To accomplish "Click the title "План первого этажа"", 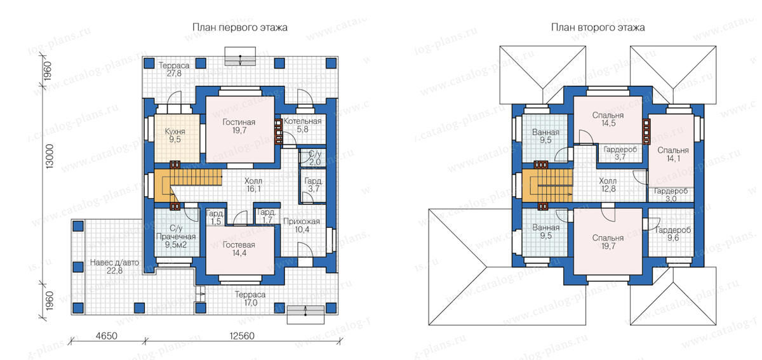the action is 240,27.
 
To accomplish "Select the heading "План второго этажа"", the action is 598,27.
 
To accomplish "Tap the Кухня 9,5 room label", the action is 175,135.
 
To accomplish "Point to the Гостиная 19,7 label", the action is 239,126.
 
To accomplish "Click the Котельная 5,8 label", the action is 302,125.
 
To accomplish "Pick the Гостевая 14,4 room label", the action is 239,249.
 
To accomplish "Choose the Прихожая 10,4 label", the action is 302,225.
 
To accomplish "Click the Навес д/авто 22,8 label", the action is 115,267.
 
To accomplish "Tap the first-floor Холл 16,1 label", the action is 253,185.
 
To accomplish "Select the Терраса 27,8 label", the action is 174,69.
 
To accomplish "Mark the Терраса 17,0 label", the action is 250,299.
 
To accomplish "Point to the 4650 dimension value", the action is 107,336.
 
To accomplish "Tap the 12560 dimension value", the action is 242,336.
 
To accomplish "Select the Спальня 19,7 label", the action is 608,242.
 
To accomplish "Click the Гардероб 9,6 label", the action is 673,234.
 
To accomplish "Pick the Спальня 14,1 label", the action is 673,154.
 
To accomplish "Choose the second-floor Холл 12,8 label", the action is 608,185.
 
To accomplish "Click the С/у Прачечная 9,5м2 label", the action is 176,236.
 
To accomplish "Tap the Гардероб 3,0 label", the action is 671,195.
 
